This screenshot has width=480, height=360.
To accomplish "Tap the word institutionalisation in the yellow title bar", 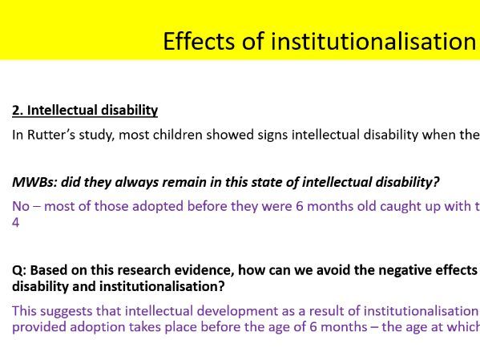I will click(373, 41).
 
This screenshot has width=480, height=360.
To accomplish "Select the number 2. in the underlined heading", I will click(18, 111).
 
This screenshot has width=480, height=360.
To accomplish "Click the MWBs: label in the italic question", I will click(32, 183).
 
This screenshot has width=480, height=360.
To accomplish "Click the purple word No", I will click(21, 207).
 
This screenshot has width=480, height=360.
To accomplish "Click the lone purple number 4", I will click(16, 221).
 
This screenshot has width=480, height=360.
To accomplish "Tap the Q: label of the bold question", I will click(19, 270).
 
